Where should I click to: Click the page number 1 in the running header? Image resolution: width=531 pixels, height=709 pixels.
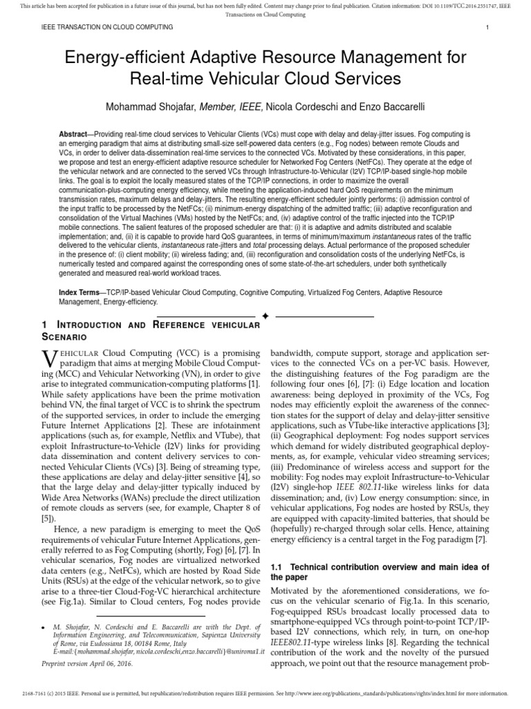[487, 27]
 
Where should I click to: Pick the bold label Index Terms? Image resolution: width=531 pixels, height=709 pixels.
[78, 294]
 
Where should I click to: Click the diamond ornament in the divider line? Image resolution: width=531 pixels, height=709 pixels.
[265, 316]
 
